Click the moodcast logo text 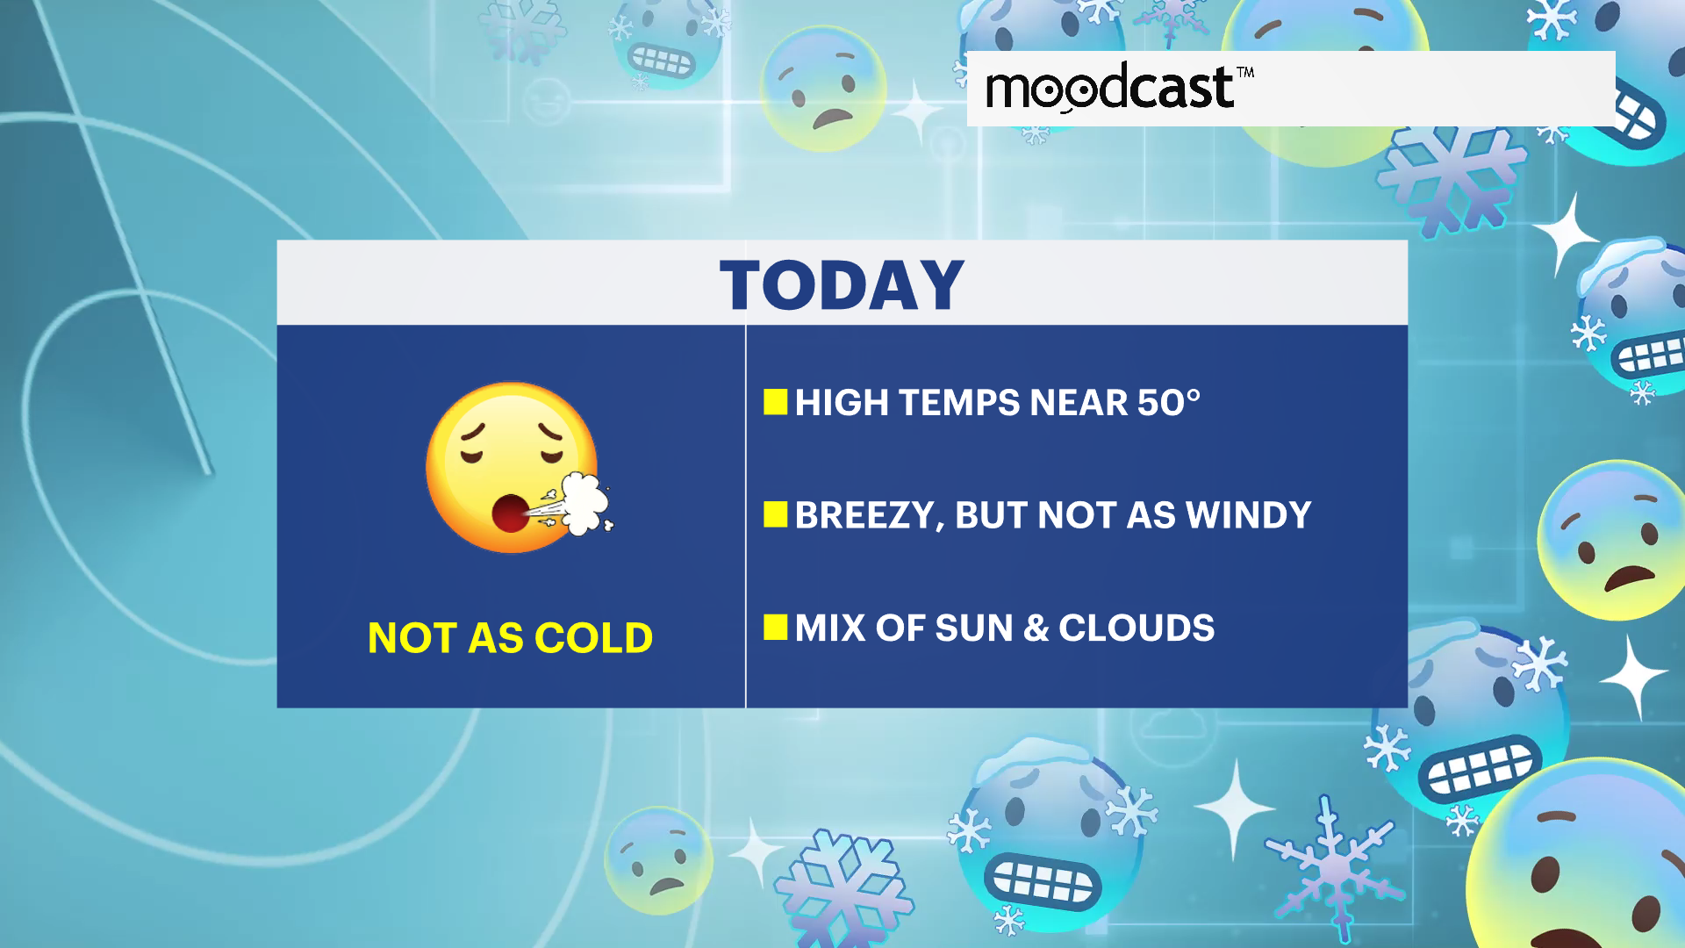click(1110, 88)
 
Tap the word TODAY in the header click(842, 285)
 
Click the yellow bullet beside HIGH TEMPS click(776, 402)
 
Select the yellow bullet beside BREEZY click(776, 514)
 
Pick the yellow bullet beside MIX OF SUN click(776, 628)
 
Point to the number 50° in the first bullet click(1169, 403)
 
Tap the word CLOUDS click(1136, 628)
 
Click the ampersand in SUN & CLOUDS click(1036, 628)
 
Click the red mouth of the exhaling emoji click(510, 513)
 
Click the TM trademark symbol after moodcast click(1245, 72)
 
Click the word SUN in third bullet click(974, 628)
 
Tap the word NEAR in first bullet click(1079, 403)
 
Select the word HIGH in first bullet click(842, 403)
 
